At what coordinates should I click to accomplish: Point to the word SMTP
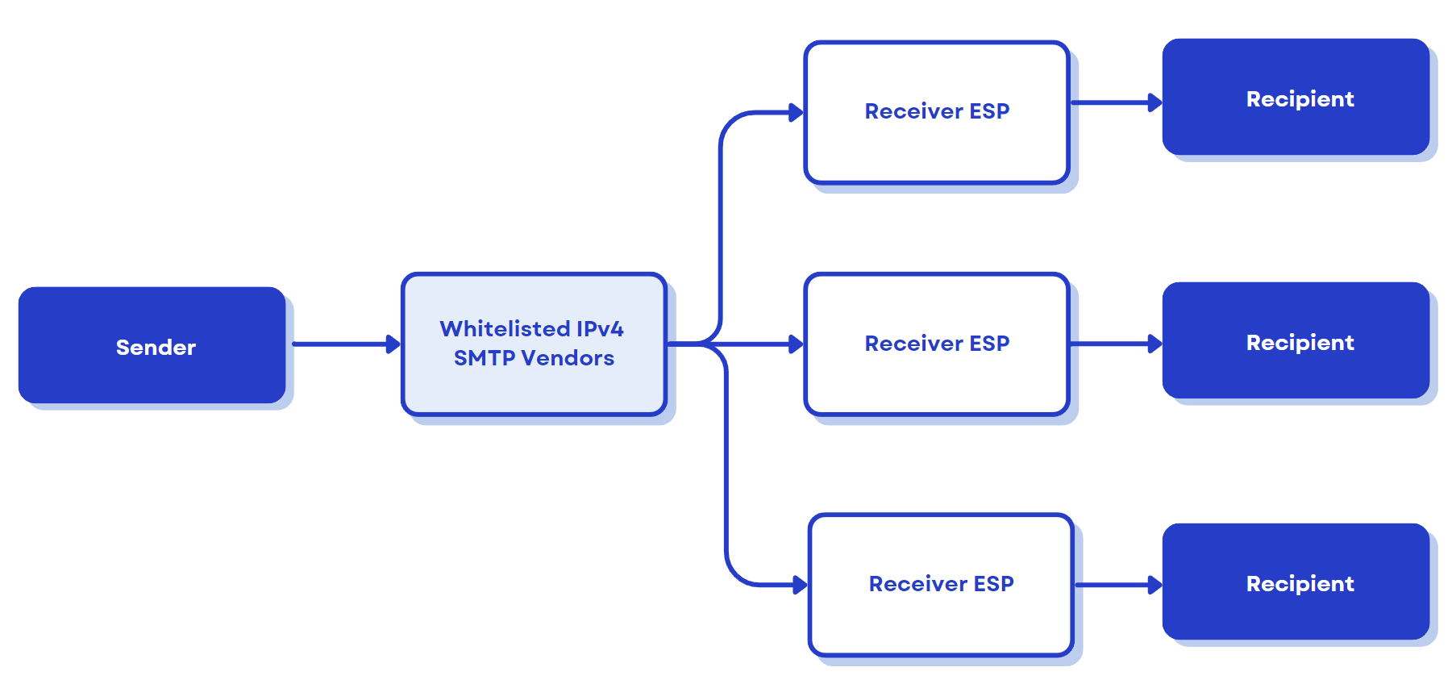[484, 358]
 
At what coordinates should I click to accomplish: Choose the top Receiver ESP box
[937, 112]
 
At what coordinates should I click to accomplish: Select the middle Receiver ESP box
[937, 344]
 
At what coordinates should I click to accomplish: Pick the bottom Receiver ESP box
[941, 585]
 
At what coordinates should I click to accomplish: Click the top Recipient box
[1296, 98]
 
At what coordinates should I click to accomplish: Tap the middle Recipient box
[1296, 341]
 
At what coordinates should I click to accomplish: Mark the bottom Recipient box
[1296, 582]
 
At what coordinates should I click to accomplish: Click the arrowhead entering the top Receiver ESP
[796, 113]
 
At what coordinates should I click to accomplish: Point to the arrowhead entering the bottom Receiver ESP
[800, 585]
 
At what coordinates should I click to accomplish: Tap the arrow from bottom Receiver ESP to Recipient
[1117, 585]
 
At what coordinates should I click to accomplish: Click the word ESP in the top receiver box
[989, 111]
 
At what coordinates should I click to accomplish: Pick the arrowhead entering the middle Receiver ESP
[796, 344]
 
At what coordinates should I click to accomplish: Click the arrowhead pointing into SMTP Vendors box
[393, 344]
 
